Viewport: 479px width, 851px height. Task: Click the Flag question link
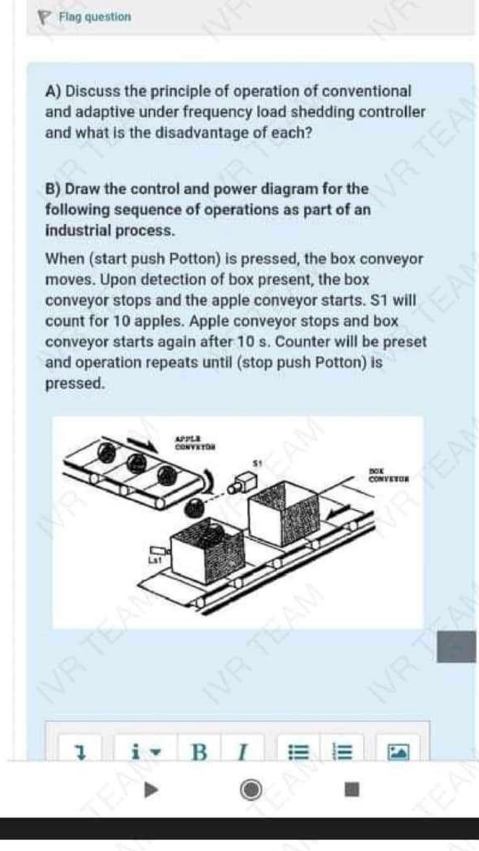coord(94,17)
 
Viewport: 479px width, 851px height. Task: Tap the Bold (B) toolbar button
coord(199,752)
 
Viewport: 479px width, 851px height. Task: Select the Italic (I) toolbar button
coord(242,752)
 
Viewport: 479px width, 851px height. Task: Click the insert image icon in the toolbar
coord(398,752)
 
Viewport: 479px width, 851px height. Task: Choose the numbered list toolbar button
coord(342,752)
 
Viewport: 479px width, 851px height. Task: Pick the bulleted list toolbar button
coord(299,752)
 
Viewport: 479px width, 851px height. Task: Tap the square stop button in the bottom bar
coord(351,789)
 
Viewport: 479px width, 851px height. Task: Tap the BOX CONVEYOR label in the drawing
coord(388,475)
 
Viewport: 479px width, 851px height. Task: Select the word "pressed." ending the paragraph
coord(75,383)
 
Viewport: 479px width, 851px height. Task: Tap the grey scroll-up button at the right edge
coord(456,647)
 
